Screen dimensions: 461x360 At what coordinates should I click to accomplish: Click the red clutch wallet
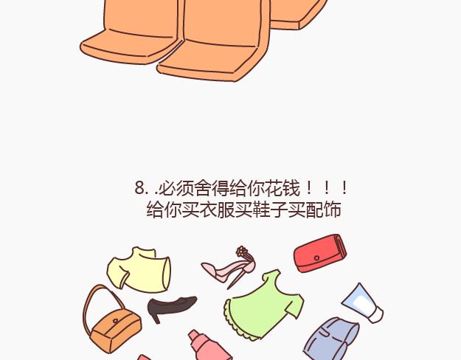pyautogui.click(x=320, y=253)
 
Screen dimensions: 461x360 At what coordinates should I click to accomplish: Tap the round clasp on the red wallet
pyautogui.click(x=316, y=258)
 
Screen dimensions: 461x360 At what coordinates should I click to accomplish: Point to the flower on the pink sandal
pyautogui.click(x=242, y=251)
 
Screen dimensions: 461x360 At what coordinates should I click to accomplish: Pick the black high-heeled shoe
pyautogui.click(x=172, y=308)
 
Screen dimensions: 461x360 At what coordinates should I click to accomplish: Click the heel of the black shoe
pyautogui.click(x=156, y=318)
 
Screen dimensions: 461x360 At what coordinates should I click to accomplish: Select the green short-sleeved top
pyautogui.click(x=264, y=305)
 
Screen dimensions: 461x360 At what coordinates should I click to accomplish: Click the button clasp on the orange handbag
pyautogui.click(x=116, y=321)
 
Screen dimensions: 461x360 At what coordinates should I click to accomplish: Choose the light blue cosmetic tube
pyautogui.click(x=362, y=303)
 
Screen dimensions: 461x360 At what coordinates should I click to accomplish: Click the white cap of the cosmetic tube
pyautogui.click(x=376, y=315)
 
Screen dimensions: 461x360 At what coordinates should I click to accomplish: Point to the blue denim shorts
pyautogui.click(x=330, y=339)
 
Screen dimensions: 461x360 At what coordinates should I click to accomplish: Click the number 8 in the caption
pyautogui.click(x=139, y=187)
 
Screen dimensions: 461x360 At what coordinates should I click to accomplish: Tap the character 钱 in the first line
pyautogui.click(x=291, y=188)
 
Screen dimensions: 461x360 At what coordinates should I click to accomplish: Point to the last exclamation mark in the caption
pyautogui.click(x=344, y=188)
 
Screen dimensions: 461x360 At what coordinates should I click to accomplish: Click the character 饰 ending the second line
pyautogui.click(x=332, y=210)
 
